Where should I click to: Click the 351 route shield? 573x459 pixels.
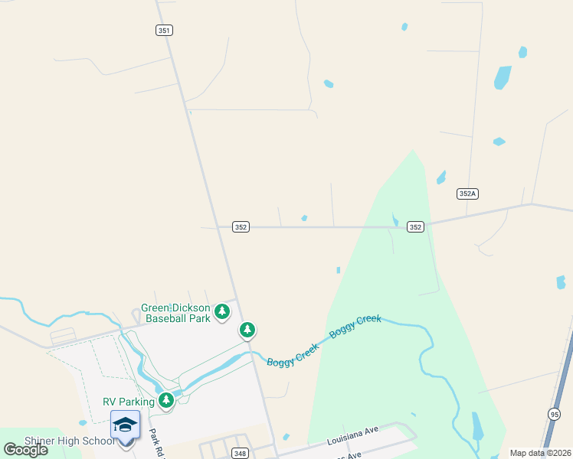coord(164,30)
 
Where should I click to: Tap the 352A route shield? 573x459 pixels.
coord(467,194)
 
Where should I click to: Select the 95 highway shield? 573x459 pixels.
coord(554,414)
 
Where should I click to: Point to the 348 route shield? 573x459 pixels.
coord(240,454)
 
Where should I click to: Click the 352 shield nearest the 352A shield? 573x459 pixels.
coord(415,226)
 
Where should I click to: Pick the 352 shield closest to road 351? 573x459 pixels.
coord(241,226)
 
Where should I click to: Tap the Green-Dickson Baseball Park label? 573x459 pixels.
coord(175,313)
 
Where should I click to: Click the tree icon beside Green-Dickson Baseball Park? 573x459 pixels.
coord(222,311)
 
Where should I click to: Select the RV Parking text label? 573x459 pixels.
coord(129,402)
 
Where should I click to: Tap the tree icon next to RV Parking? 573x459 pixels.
coord(166,400)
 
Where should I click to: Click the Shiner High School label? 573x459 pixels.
coord(70,441)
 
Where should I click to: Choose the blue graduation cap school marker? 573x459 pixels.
coord(125,425)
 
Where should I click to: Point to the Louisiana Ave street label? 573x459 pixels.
coord(353,436)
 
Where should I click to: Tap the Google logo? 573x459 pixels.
coord(26,449)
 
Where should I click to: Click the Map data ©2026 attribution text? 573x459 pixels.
coord(540,453)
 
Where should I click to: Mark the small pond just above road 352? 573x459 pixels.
coord(304,218)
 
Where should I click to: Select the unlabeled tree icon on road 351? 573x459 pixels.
coord(247,330)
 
